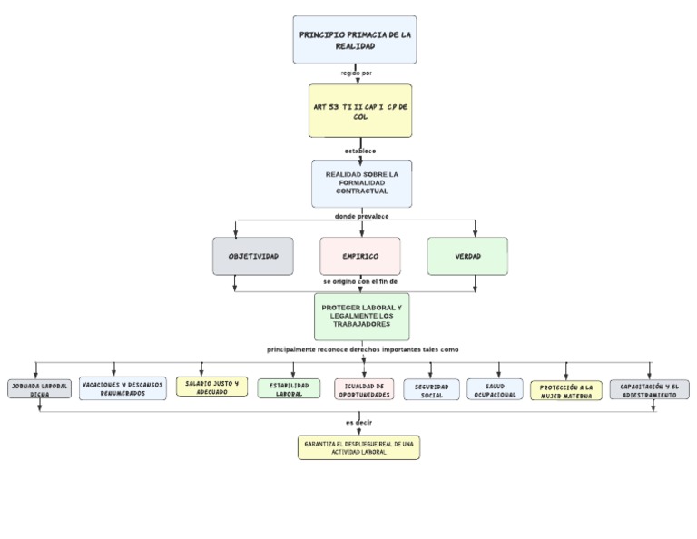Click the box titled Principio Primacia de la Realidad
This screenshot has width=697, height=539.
coord(354,40)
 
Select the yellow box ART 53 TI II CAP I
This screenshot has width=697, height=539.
coord(360,111)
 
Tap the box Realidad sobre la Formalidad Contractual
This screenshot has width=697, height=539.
coord(361,183)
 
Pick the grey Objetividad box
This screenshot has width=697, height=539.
coord(252,256)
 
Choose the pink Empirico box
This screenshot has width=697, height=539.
coord(360,256)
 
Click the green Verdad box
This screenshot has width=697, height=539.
coord(467,256)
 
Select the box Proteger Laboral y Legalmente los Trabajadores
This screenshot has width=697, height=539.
coord(361,317)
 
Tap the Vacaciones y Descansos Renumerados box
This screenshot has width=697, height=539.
coord(123,389)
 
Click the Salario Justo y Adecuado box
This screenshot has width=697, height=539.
coord(211,387)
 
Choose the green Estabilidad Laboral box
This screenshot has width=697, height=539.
coord(289,389)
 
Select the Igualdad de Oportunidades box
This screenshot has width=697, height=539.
coord(364,390)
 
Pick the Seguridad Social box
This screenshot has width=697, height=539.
coord(431,390)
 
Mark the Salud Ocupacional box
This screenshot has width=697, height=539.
coord(495,390)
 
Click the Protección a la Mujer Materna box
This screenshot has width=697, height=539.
coord(565,391)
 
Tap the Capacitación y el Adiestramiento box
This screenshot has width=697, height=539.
coord(649,390)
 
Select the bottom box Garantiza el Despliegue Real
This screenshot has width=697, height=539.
coord(358,447)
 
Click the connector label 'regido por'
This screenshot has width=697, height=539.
coord(356,73)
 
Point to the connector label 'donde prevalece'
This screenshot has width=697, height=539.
coord(361,216)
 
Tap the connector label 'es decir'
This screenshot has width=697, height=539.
coord(358,422)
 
